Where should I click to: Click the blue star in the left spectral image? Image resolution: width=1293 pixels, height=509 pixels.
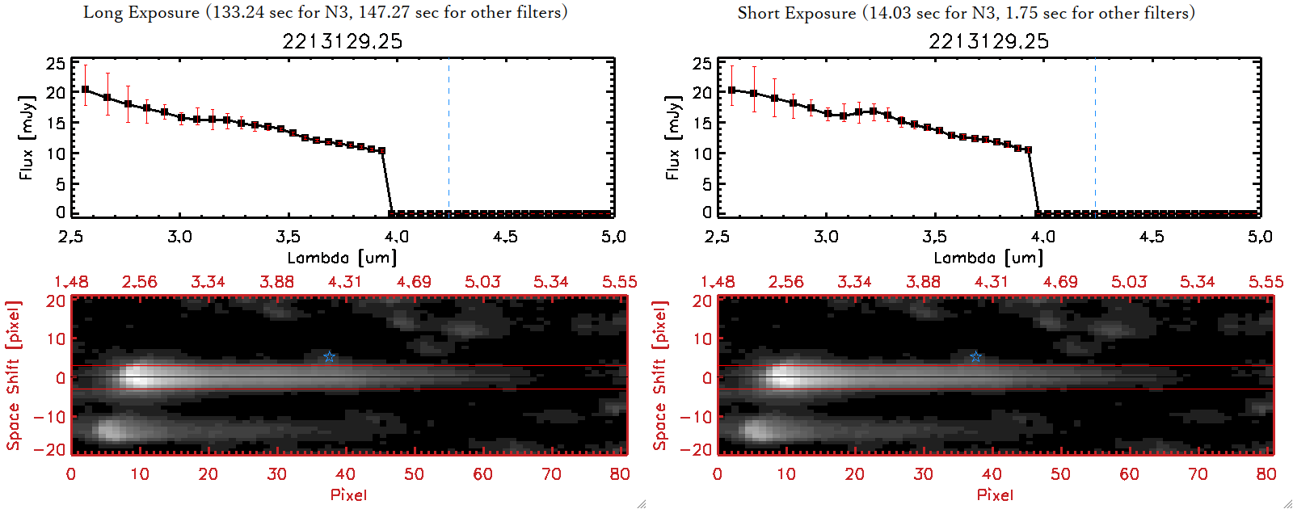[x=329, y=357]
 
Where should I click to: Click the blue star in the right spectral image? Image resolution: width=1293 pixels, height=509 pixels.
[x=975, y=357]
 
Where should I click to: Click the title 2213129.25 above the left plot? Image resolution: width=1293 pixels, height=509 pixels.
[x=343, y=41]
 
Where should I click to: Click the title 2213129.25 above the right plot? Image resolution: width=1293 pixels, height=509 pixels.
[x=989, y=41]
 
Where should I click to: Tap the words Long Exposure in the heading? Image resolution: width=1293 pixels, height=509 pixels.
[x=141, y=13]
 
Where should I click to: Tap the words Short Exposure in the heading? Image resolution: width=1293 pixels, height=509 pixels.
[x=796, y=13]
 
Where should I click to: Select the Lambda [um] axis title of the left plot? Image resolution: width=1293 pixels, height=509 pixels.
[x=342, y=258]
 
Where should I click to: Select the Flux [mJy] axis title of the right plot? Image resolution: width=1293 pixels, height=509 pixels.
[x=672, y=137]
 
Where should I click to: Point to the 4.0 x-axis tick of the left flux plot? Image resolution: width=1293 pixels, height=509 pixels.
[x=396, y=237]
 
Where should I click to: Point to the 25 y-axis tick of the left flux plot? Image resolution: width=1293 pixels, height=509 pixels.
[x=56, y=63]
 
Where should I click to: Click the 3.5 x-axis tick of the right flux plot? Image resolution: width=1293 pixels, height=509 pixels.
[x=934, y=237]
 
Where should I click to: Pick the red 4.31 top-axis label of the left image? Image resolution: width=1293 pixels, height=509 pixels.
[x=345, y=282]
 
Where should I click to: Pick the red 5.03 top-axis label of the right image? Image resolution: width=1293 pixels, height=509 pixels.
[x=1128, y=282]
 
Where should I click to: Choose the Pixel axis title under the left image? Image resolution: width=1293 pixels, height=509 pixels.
[x=348, y=494]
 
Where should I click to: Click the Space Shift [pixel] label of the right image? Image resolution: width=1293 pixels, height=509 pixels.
[x=660, y=376]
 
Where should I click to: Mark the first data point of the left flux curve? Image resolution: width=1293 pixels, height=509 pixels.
[x=86, y=90]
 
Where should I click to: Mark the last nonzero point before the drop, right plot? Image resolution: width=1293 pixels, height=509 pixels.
[x=1028, y=150]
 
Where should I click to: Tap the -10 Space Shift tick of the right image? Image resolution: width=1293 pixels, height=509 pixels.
[x=696, y=416]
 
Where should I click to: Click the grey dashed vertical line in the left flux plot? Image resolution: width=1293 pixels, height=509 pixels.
[x=449, y=137]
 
